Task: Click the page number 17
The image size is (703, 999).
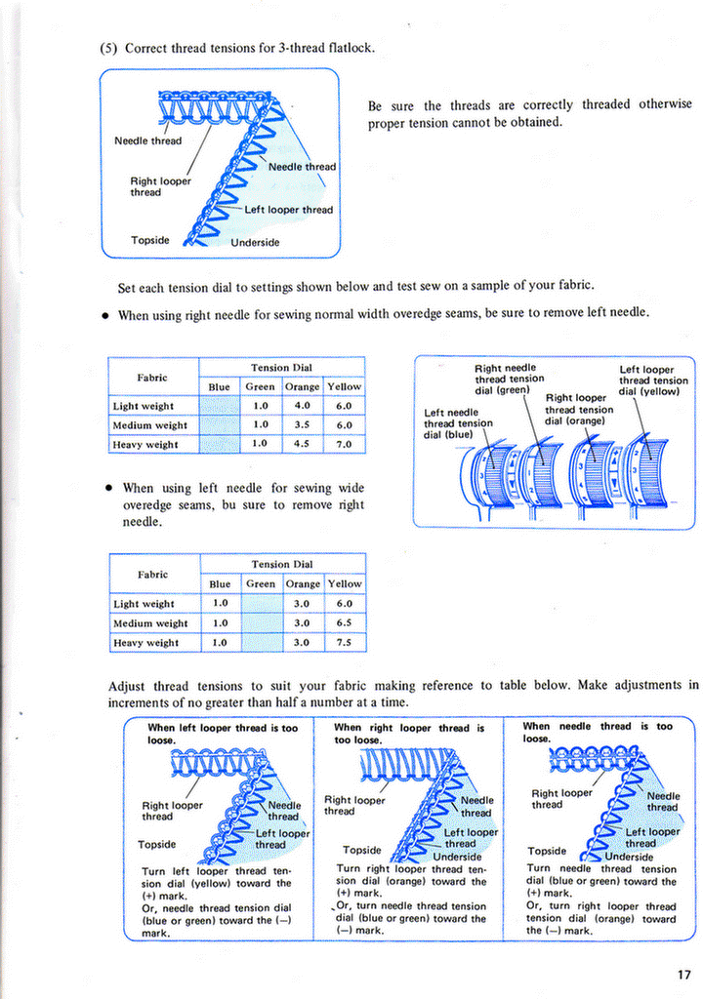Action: tap(682, 973)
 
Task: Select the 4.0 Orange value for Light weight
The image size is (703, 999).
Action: tap(302, 406)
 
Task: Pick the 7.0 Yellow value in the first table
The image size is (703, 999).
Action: tap(344, 444)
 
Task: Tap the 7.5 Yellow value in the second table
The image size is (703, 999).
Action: tap(344, 642)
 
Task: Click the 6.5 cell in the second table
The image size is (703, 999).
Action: tap(344, 622)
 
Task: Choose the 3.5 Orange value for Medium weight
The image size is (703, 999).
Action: tap(302, 425)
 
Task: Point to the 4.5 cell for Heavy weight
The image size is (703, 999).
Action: tap(302, 444)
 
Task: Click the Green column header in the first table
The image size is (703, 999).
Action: tap(261, 386)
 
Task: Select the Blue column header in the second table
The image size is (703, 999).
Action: tap(220, 583)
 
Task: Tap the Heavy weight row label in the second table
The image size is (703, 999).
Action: tap(146, 642)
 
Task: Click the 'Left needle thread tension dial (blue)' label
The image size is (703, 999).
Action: tap(458, 423)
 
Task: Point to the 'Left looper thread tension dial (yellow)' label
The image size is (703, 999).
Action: tap(653, 380)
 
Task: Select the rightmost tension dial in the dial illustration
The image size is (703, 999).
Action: tap(645, 473)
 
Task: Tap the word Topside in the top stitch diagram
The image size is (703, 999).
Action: tap(150, 240)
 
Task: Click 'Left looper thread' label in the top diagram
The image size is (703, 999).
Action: tap(288, 210)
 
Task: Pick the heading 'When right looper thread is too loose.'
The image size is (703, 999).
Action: tap(409, 734)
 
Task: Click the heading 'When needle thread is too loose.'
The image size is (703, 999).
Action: tap(597, 733)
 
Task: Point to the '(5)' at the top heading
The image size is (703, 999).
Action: tap(108, 48)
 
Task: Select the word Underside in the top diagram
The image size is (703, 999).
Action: tap(255, 242)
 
